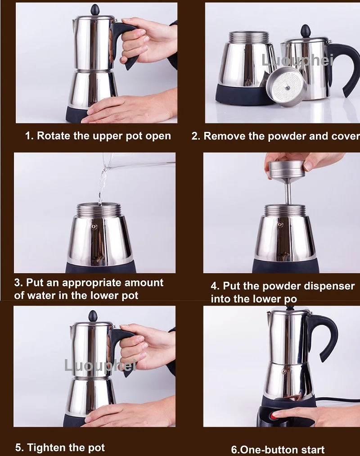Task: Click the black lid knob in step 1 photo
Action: coord(95,9)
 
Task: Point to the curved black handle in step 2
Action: coord(345,68)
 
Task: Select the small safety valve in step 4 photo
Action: coord(280,225)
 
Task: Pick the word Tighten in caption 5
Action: coord(43,447)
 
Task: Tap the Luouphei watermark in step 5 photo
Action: coord(100,365)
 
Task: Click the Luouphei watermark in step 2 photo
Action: coord(297,60)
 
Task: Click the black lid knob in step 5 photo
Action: coord(93,316)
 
